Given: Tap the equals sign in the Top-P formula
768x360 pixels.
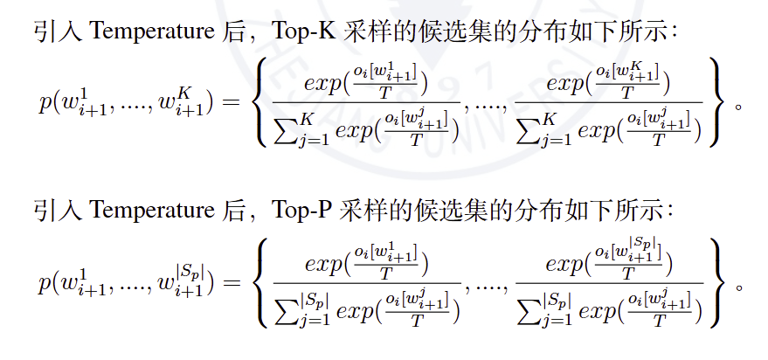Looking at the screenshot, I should [232, 283].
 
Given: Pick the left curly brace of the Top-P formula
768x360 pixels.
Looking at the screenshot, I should [264, 283].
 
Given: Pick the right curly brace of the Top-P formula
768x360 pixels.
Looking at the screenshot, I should [718, 283].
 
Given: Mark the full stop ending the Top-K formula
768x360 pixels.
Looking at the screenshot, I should [739, 107].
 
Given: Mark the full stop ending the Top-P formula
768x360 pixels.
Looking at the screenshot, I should [740, 286].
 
